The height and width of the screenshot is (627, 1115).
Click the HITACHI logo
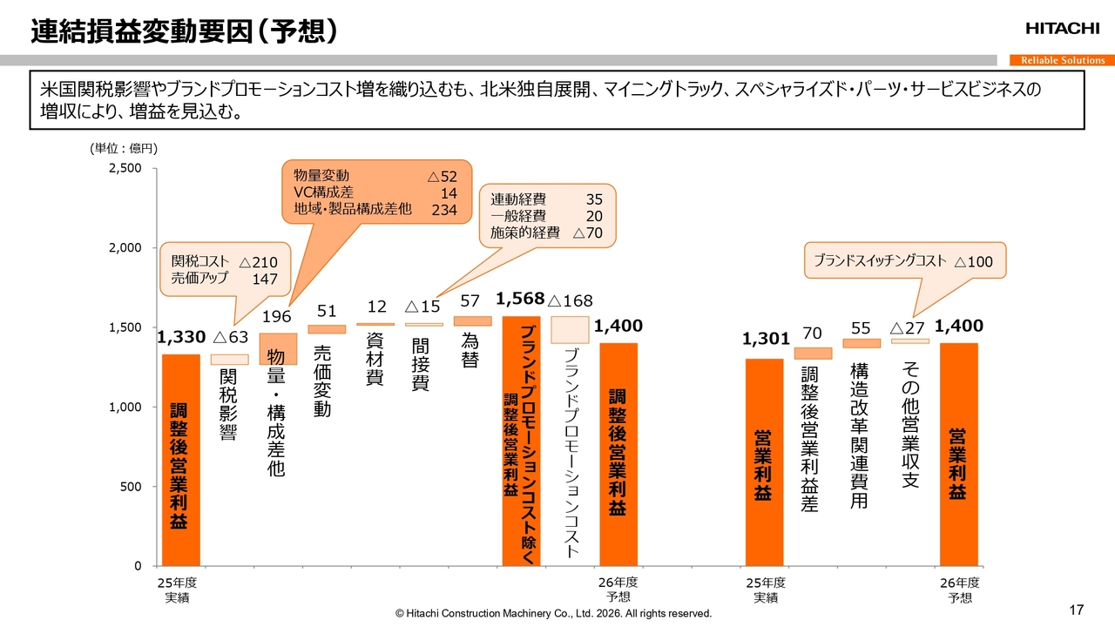click(1062, 29)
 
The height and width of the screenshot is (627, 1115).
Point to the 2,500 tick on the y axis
click(125, 168)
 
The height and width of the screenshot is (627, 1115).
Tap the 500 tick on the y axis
click(131, 487)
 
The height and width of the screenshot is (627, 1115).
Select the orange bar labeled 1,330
click(181, 460)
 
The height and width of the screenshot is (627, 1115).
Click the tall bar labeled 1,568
click(521, 441)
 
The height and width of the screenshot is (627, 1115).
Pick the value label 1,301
click(766, 339)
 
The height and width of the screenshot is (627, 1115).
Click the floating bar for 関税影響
click(230, 360)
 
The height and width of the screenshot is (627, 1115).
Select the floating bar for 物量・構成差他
click(278, 348)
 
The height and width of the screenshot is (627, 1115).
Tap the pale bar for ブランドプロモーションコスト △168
click(570, 330)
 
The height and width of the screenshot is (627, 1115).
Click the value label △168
click(570, 301)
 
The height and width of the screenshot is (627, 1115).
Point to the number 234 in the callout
click(444, 210)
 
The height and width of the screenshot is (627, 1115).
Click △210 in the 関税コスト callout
click(258, 262)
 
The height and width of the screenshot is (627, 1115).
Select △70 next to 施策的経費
click(588, 233)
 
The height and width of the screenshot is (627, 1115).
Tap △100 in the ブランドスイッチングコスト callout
click(973, 261)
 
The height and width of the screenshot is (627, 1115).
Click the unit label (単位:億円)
click(123, 149)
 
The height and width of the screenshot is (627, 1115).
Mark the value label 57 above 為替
click(470, 301)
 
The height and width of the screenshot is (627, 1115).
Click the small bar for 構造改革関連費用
click(862, 343)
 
